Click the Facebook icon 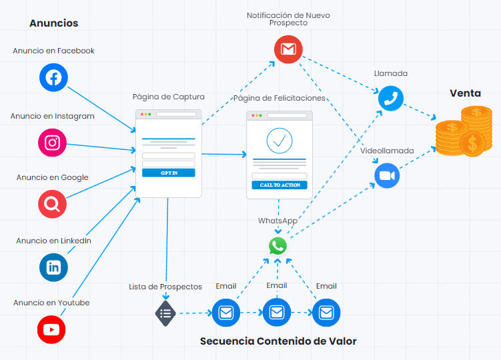point(53,77)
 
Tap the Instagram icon point(53,142)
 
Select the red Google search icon point(53,204)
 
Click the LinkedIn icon point(53,267)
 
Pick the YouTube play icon point(51,329)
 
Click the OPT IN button point(169,173)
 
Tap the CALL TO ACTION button point(280,185)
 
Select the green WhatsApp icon point(278,246)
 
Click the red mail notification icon point(288,49)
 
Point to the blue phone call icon point(391,98)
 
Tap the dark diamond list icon point(165,313)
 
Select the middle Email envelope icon point(276,312)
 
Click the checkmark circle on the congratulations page point(280,141)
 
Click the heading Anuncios point(53,23)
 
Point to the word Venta point(465,93)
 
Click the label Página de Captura point(169,97)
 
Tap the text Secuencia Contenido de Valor point(278,341)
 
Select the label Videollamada point(387,151)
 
